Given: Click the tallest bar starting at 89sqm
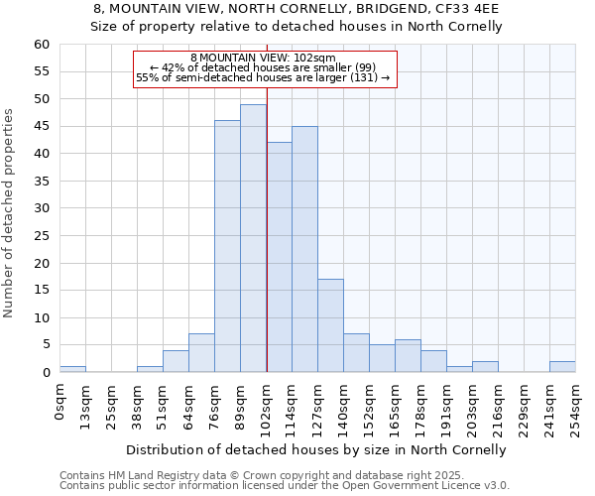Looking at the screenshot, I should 253,238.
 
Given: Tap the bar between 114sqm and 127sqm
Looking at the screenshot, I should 304,249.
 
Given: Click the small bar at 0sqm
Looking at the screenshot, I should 72,369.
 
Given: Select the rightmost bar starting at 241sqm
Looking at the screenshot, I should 562,367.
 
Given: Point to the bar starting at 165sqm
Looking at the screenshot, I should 408,356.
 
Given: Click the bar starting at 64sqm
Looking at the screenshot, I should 201,353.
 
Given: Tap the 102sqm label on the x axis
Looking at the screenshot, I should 267,406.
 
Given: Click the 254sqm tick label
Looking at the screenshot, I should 576,406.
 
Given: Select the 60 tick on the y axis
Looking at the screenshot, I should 42,45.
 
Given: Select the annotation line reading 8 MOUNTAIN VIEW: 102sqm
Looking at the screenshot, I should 264,59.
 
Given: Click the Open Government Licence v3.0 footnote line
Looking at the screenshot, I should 285,486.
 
